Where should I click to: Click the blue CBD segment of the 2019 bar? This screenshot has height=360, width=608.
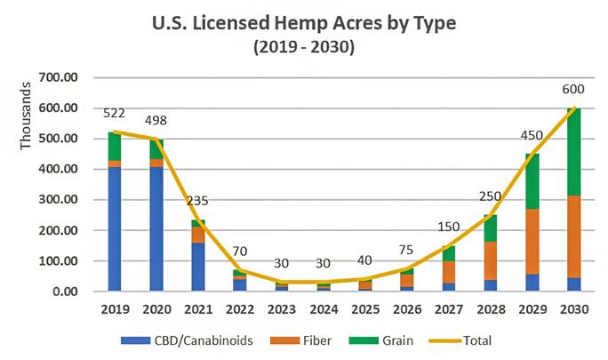click(114, 228)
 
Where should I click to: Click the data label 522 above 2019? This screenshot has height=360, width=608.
click(114, 113)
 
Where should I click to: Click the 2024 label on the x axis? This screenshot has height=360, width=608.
click(324, 309)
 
